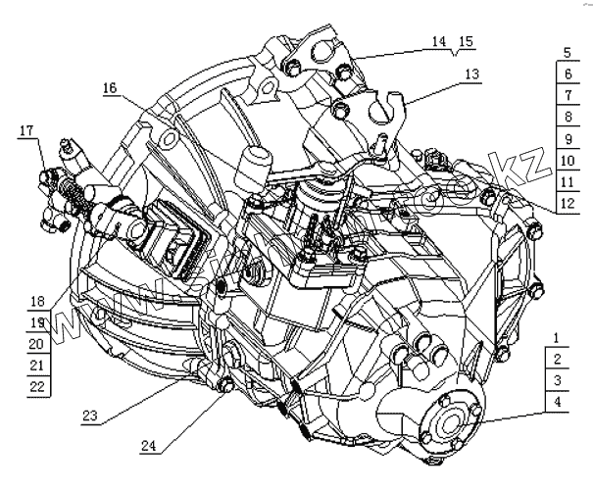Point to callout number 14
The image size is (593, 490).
[437, 41]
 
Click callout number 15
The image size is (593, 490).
[466, 41]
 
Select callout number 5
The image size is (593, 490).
[567, 53]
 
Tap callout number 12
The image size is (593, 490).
[567, 204]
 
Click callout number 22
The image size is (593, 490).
[37, 386]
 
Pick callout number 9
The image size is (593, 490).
[567, 139]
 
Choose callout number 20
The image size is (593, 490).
[37, 344]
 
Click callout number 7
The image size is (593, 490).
[567, 96]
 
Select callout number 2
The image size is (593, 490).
[556, 360]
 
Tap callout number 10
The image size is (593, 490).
[567, 161]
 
